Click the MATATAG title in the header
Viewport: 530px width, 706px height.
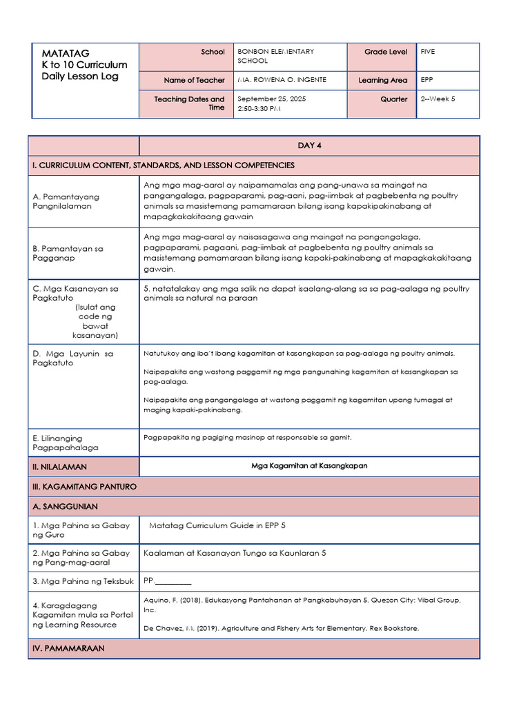(x=66, y=53)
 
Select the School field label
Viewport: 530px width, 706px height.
(x=213, y=52)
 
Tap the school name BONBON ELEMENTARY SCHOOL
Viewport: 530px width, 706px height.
(x=275, y=56)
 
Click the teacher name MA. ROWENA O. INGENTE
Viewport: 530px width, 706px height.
(x=282, y=80)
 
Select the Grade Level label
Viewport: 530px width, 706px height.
(x=386, y=52)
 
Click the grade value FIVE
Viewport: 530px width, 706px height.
(x=428, y=51)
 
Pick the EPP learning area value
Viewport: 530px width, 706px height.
(x=427, y=80)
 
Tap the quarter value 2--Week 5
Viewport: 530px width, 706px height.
(x=438, y=99)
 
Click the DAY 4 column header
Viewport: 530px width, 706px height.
(x=309, y=145)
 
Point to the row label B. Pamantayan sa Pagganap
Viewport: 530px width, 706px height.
(x=68, y=253)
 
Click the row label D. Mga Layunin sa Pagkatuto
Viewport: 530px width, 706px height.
(x=72, y=359)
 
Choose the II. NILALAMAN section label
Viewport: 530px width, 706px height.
(x=59, y=467)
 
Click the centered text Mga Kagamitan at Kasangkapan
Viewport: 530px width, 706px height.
(x=309, y=466)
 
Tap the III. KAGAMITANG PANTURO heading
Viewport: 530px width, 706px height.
(x=84, y=487)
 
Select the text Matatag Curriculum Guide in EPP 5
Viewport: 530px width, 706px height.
(x=217, y=525)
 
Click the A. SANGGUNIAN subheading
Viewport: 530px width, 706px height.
(x=65, y=507)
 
